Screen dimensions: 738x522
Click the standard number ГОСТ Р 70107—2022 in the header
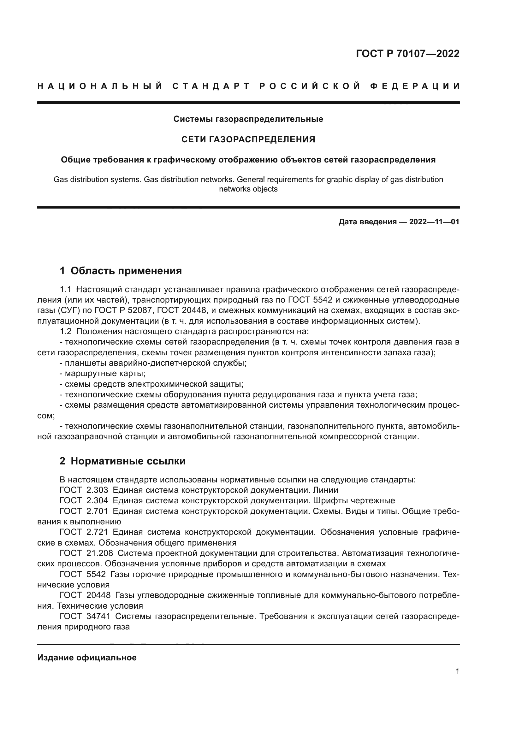[407, 53]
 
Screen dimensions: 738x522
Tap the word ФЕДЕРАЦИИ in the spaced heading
[415, 86]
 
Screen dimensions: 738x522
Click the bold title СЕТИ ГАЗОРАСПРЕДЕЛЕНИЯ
[248, 139]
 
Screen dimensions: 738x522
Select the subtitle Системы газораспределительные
[248, 119]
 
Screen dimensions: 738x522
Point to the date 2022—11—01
[434, 222]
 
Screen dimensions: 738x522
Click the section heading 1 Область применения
[121, 271]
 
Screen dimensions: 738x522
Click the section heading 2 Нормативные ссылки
[122, 461]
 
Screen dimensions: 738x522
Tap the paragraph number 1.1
[66, 290]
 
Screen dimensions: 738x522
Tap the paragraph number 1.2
[66, 331]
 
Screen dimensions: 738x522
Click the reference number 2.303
[97, 490]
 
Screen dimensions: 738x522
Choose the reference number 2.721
[97, 532]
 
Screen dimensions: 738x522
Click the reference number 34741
[99, 616]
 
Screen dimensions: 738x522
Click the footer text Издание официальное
[87, 658]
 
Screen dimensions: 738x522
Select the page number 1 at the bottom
[457, 671]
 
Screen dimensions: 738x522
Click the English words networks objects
[248, 189]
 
